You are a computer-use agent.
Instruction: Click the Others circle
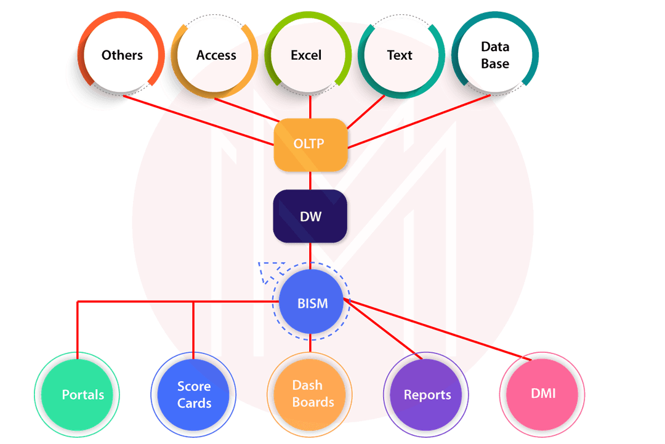click(122, 55)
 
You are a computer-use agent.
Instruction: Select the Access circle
click(216, 55)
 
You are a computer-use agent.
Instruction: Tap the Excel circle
click(306, 55)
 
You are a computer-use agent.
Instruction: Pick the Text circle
click(400, 55)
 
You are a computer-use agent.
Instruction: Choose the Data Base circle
click(495, 55)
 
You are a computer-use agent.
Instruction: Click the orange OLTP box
click(310, 145)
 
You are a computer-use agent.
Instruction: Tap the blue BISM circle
click(312, 303)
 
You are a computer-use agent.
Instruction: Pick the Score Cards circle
click(194, 394)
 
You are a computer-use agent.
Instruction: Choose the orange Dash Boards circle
click(310, 394)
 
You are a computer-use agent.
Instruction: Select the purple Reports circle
click(427, 394)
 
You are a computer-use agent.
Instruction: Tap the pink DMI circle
click(542, 393)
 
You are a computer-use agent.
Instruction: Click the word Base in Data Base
click(495, 63)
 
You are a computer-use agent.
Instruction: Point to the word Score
click(194, 386)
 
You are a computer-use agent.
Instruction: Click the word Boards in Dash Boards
click(313, 402)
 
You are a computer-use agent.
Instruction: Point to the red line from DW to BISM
click(310, 256)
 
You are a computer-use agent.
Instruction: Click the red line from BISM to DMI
click(443, 331)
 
